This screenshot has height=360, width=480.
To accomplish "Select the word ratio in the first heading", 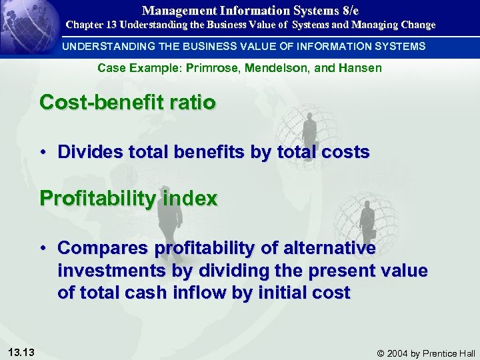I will pos(193,103).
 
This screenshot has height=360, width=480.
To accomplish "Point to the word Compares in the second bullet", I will pos(103,249).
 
